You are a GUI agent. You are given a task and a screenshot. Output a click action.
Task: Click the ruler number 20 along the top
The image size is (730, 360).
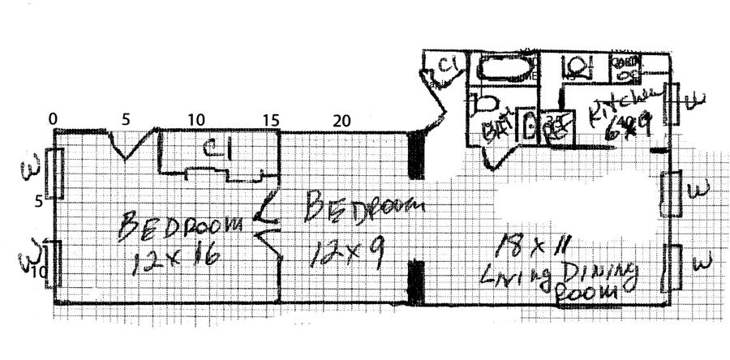pyautogui.click(x=341, y=120)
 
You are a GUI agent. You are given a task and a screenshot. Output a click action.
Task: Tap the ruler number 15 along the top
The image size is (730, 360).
pyautogui.click(x=271, y=120)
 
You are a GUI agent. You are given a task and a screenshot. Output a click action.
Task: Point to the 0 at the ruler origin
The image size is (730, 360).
pyautogui.click(x=54, y=120)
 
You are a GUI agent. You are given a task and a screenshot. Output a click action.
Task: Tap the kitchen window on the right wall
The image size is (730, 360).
pyautogui.click(x=672, y=103)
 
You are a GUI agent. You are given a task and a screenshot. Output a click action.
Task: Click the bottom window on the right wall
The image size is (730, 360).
pyautogui.click(x=672, y=270)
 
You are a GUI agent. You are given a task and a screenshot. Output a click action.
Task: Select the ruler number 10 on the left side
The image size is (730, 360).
pyautogui.click(x=38, y=272)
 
